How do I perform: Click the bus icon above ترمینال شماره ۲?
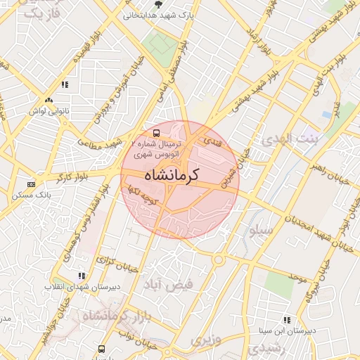click(x=156, y=131)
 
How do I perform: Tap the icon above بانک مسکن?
click(x=31, y=184)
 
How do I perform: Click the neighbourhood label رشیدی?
click(x=269, y=347)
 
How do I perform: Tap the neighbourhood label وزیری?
click(x=205, y=340)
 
